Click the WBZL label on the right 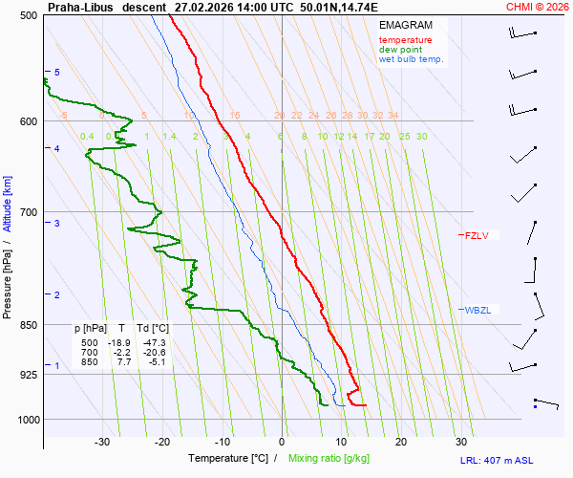pyautogui.click(x=477, y=310)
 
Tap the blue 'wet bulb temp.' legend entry pyautogui.click(x=412, y=59)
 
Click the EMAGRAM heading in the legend pyautogui.click(x=404, y=25)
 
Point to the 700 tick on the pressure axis pyautogui.click(x=28, y=212)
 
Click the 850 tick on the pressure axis pyautogui.click(x=28, y=325)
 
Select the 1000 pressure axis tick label pyautogui.click(x=26, y=420)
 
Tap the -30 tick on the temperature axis pyautogui.click(x=102, y=442)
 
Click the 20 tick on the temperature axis pyautogui.click(x=401, y=442)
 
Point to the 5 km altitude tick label pyautogui.click(x=56, y=73)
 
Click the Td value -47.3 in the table pyautogui.click(x=153, y=342)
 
